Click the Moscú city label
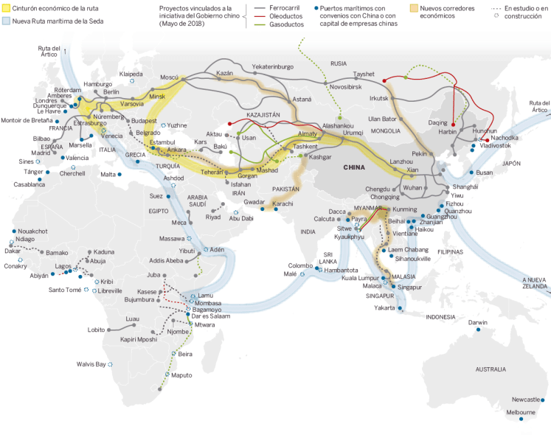(x=169, y=77)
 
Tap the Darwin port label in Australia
(x=478, y=322)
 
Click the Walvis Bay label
(x=91, y=363)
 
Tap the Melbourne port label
(x=521, y=412)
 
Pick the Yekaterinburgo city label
(x=272, y=67)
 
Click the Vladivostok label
(x=496, y=145)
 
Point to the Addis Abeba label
(x=167, y=261)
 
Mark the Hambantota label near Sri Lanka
(x=341, y=270)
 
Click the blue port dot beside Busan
(x=470, y=173)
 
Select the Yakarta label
(x=384, y=307)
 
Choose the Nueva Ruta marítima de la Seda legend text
(x=54, y=21)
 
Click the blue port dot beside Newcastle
(x=547, y=399)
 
